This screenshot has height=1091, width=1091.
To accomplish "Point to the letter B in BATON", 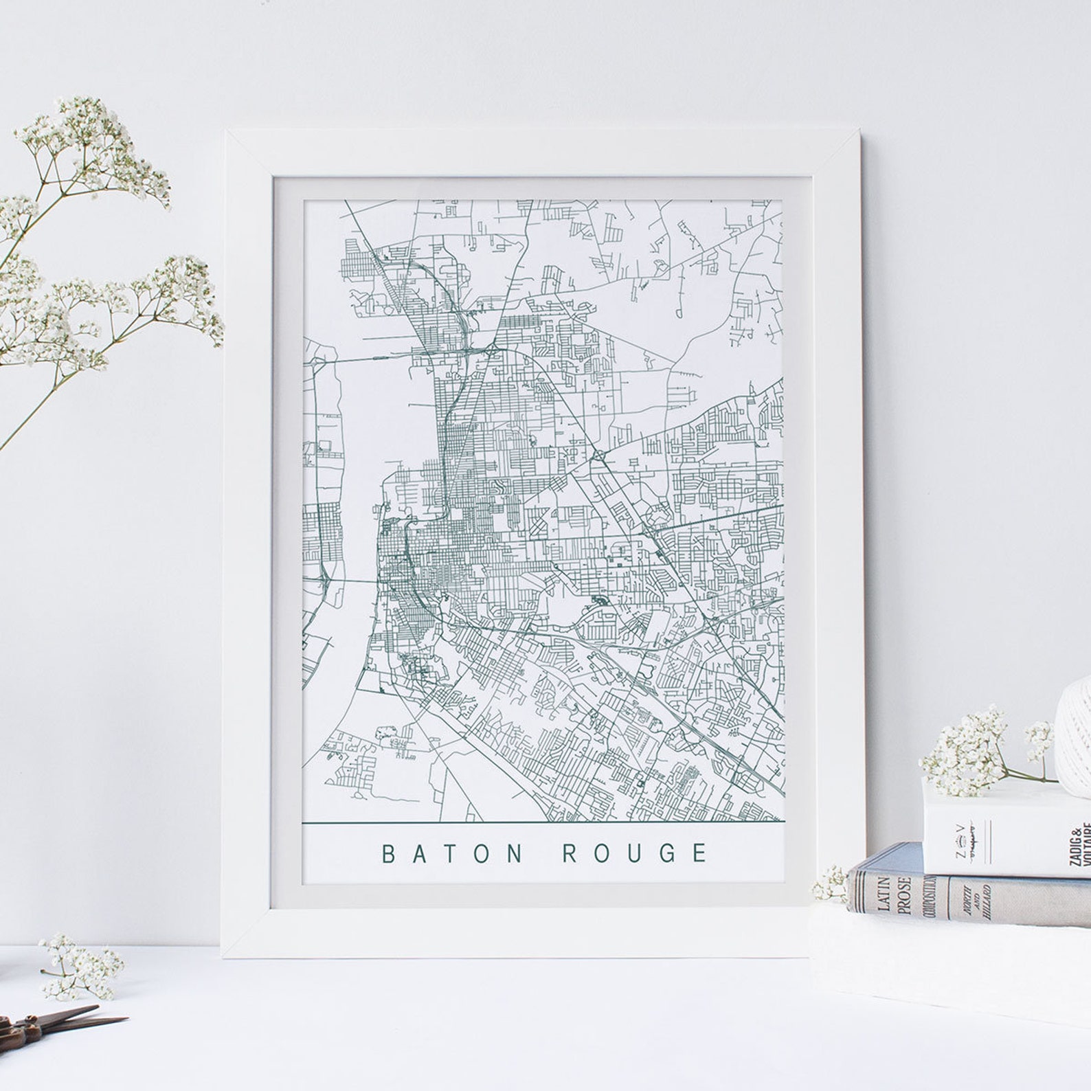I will pos(388,853).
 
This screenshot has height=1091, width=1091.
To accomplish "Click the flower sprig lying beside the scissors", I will pos(79,969).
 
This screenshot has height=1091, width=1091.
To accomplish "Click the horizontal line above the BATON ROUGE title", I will pos(543,822).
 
